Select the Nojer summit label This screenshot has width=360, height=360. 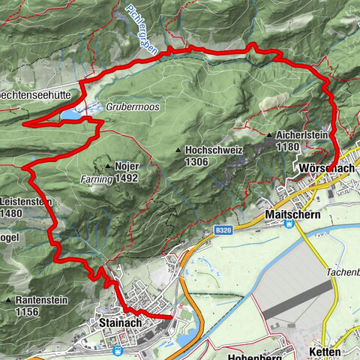(127, 166)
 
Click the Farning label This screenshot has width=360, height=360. (97, 179)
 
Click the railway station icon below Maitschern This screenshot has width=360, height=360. (288, 232)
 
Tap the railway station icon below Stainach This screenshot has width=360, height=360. (118, 349)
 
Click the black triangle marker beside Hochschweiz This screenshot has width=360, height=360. (178, 150)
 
